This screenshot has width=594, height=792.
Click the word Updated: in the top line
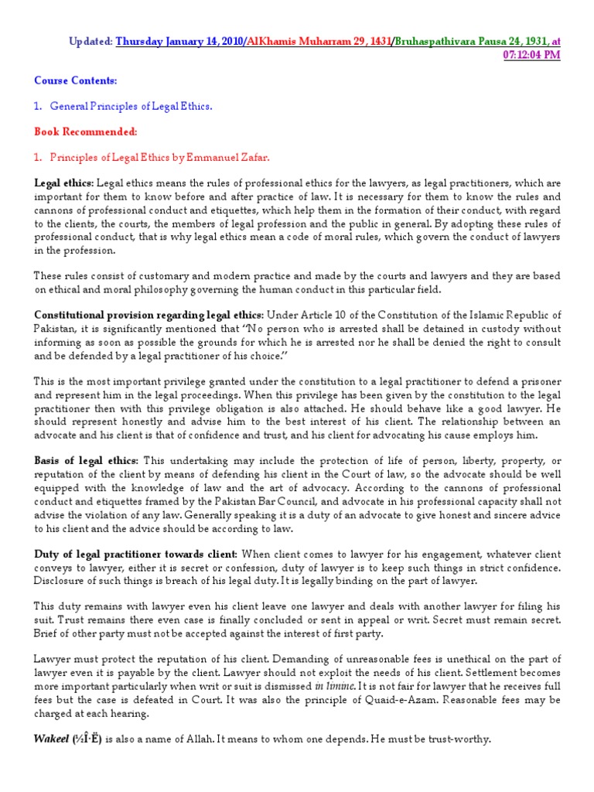91,40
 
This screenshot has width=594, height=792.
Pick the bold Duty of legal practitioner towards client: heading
137,554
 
